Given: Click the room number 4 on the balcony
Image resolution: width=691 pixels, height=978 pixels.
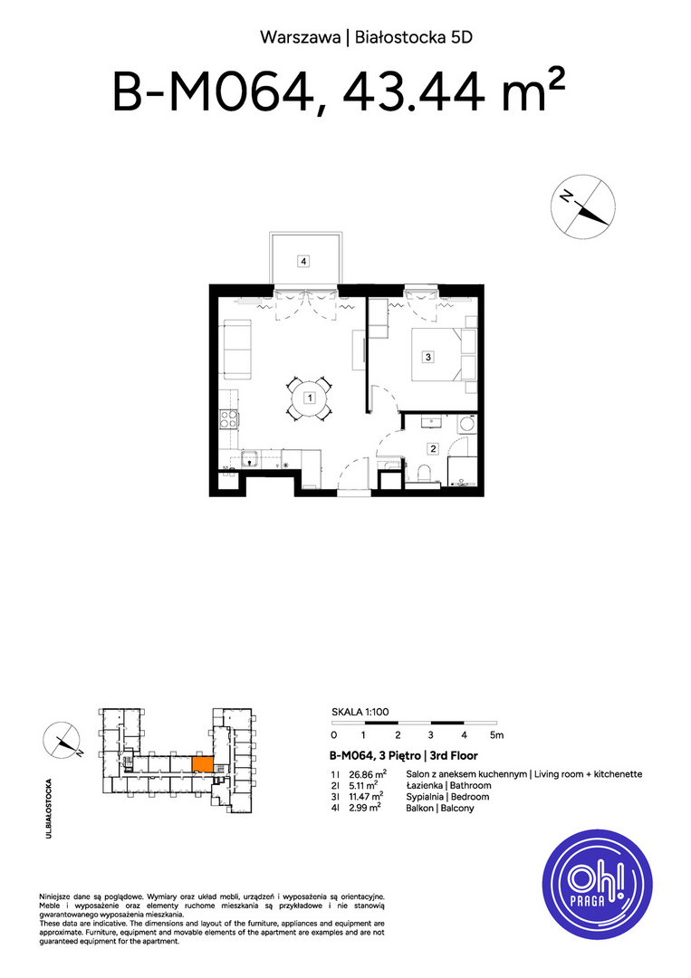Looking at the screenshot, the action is [303, 262].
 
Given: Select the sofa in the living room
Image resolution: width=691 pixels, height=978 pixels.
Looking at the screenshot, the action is [237, 350].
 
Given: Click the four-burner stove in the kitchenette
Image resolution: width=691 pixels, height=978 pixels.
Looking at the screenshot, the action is [228, 420].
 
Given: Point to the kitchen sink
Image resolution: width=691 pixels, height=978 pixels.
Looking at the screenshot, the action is [250, 458].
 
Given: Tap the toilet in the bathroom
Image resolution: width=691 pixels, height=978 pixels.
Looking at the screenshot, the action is [424, 475].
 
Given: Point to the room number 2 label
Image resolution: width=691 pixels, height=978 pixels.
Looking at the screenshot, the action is [433, 448].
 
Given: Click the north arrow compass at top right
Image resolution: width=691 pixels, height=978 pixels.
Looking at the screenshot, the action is [583, 206].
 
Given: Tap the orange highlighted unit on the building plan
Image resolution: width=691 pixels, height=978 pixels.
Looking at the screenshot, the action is [203, 764].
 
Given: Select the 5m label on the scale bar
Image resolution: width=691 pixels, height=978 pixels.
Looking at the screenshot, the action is [496, 734].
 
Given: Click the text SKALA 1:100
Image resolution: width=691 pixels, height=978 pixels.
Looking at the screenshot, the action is [360, 712].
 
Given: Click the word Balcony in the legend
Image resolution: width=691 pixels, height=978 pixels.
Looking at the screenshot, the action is [457, 809].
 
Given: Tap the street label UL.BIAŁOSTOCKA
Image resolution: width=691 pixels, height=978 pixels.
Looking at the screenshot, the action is [49, 809].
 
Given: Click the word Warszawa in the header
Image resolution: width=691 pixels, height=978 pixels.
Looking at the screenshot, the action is [301, 37].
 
